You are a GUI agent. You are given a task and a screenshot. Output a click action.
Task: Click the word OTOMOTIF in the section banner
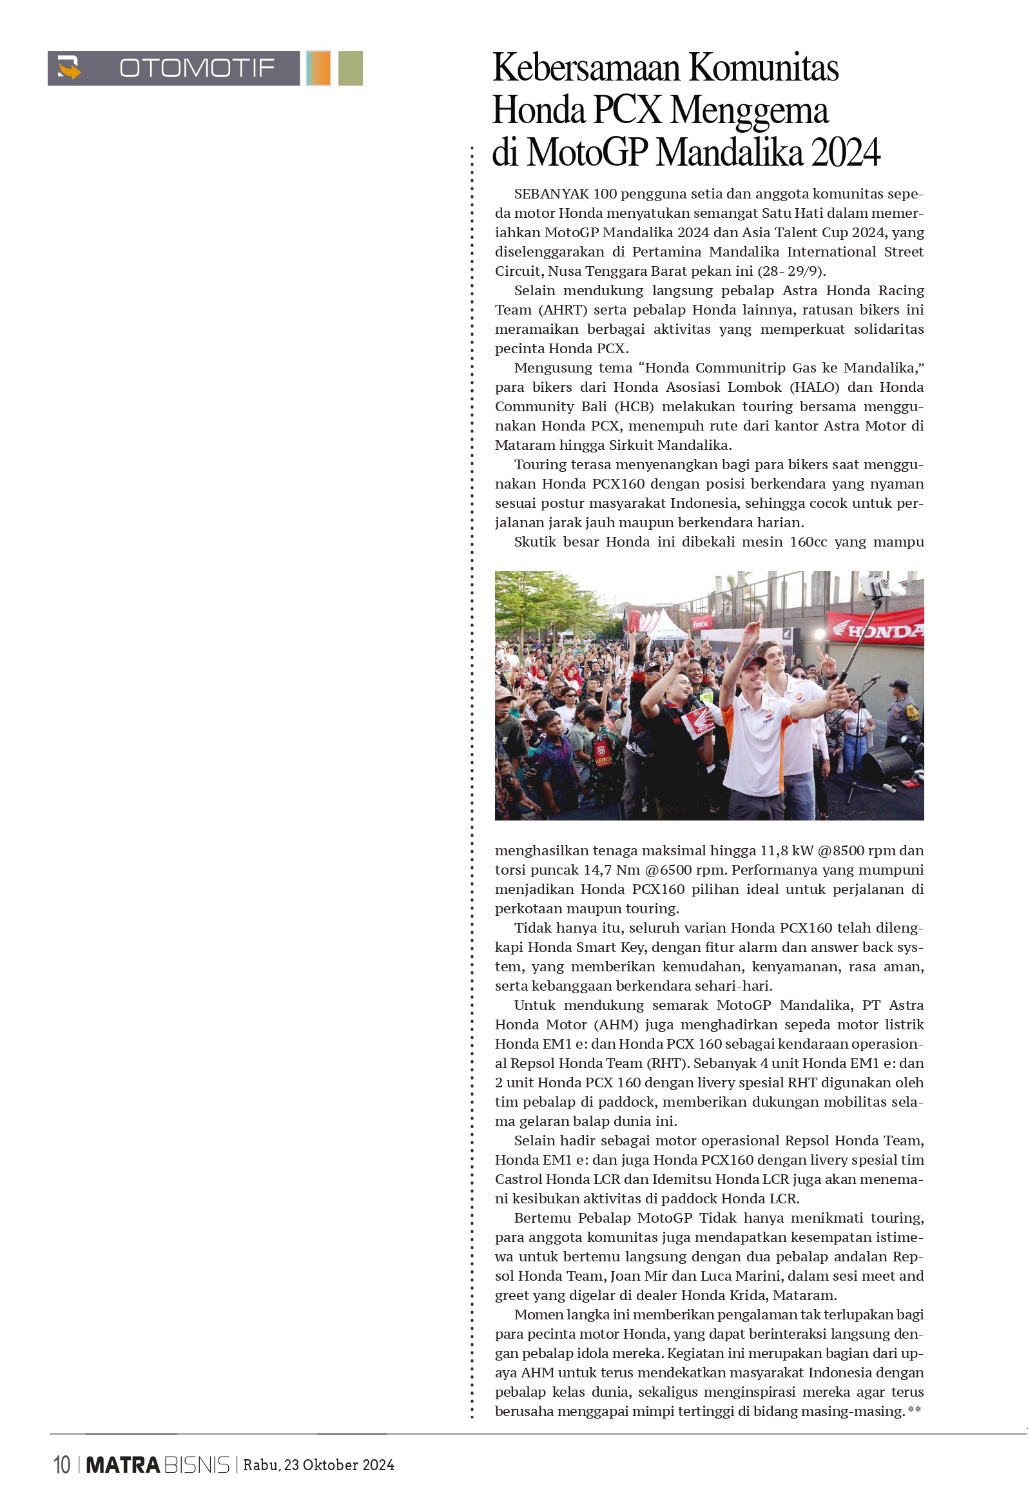(x=197, y=68)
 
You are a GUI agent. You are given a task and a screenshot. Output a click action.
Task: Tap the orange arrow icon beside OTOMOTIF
(x=69, y=68)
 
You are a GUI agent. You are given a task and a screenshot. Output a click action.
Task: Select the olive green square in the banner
(x=350, y=68)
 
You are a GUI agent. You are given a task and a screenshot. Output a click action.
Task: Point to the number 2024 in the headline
(x=846, y=153)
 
